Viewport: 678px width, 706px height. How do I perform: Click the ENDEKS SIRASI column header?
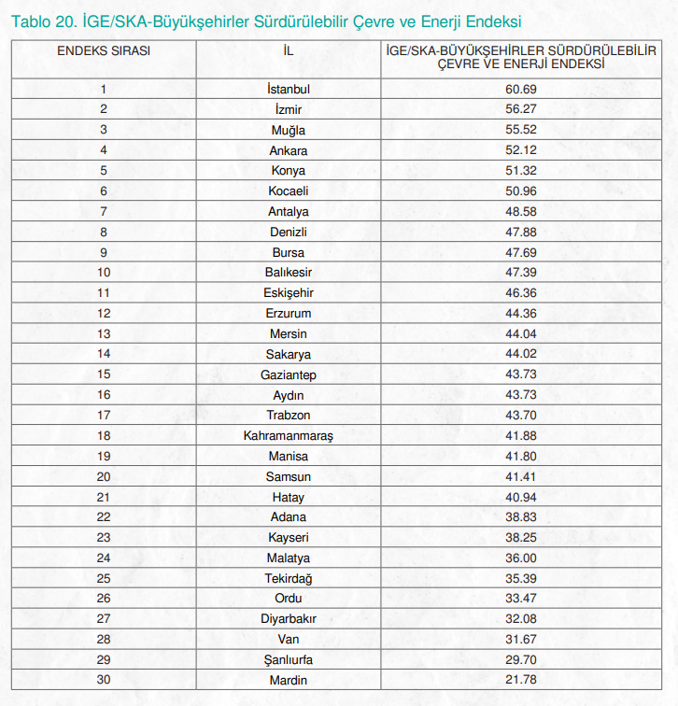104,49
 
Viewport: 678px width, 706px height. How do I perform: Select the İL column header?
288,49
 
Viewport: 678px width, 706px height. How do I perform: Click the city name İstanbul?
288,90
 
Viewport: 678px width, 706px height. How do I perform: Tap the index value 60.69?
522,90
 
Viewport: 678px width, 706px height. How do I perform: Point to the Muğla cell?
288,130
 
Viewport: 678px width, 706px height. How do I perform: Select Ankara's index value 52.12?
522,150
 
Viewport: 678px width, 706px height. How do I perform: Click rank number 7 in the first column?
104,212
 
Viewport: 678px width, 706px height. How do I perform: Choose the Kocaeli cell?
288,191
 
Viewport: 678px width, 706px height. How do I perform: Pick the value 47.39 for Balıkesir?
522,273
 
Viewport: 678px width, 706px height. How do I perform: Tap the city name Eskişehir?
288,293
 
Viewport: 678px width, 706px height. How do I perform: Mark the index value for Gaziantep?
522,374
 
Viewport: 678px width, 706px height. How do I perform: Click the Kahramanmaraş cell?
288,436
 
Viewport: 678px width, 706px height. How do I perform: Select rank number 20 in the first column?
104,476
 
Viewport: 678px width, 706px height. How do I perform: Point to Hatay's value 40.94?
522,497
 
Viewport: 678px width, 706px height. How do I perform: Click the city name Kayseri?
288,538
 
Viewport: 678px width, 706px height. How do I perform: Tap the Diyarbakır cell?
288,619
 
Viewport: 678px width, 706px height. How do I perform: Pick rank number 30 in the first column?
104,680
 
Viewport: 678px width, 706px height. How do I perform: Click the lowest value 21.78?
522,680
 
